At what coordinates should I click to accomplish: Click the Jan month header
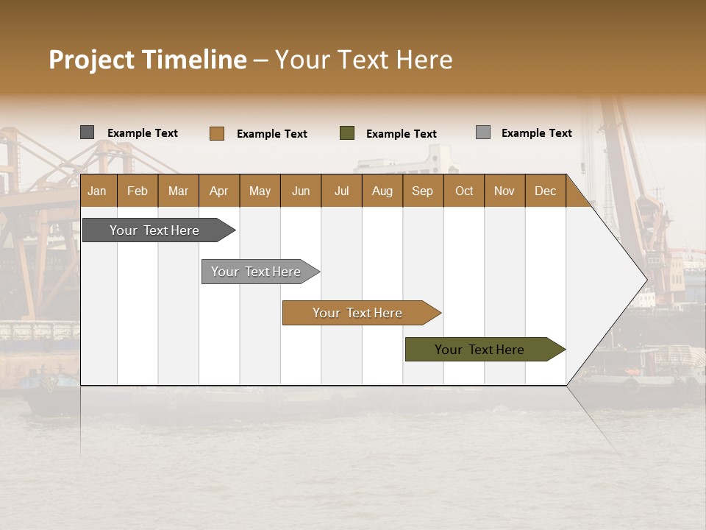click(x=97, y=191)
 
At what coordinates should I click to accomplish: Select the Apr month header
click(x=218, y=191)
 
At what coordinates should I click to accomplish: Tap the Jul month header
click(x=341, y=191)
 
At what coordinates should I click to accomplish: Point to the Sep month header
click(x=422, y=191)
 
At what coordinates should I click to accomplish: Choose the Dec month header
click(x=545, y=191)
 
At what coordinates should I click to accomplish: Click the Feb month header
click(x=138, y=191)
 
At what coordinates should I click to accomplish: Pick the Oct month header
click(x=464, y=191)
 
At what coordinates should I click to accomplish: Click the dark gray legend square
click(x=87, y=132)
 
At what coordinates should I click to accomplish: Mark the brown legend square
click(x=216, y=133)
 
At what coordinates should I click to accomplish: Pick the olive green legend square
click(x=347, y=133)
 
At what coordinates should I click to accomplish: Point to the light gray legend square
click(x=482, y=132)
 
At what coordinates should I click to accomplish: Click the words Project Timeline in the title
click(x=147, y=60)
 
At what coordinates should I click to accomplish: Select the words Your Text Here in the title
click(x=363, y=60)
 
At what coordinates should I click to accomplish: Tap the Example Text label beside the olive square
click(x=401, y=134)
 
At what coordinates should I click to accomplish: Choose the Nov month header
click(x=504, y=191)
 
